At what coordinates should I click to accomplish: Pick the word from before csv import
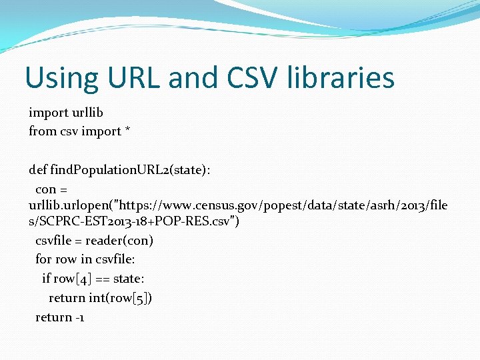[x=42, y=131]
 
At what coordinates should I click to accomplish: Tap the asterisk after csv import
[x=127, y=131]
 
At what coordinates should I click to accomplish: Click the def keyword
[x=38, y=170]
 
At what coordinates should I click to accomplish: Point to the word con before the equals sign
[x=45, y=189]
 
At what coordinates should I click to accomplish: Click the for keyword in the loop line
[x=43, y=259]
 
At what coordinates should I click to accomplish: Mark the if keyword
[x=46, y=279]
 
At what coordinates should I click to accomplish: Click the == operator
[x=101, y=279]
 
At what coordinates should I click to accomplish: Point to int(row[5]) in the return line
[x=121, y=298]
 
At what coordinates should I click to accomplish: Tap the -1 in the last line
[x=79, y=317]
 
